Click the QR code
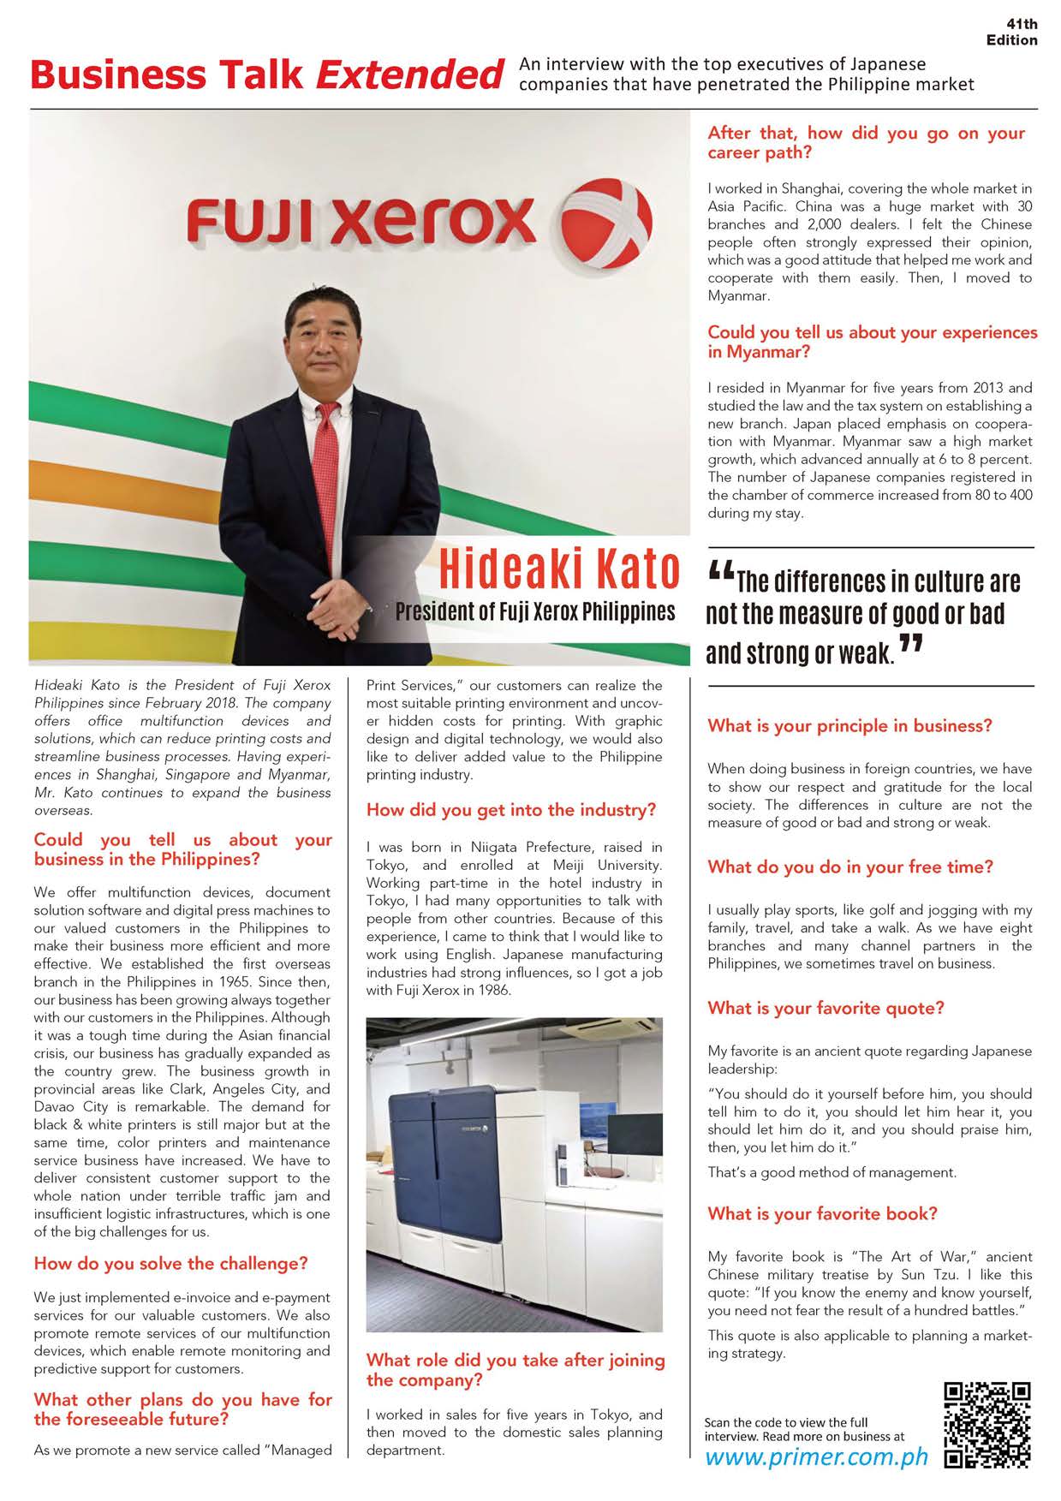pos(986,1425)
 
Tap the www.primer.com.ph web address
pos(816,1458)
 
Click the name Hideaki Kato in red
pos(560,571)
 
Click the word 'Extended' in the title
pos(408,75)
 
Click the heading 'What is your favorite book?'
pos(822,1213)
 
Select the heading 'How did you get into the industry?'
pos(511,810)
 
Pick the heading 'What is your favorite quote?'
pos(826,1008)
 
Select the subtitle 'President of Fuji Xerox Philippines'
pos(534,612)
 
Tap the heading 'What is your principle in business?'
pos(849,726)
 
